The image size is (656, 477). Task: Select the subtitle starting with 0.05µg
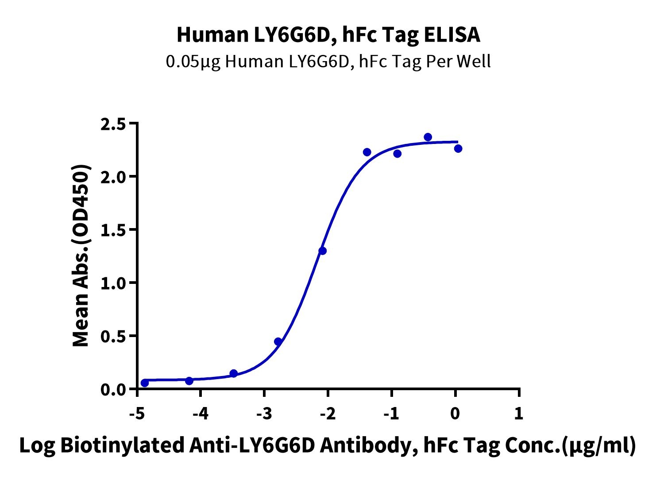click(328, 62)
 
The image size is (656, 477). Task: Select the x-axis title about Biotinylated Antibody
click(328, 446)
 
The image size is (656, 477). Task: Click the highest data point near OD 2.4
click(428, 137)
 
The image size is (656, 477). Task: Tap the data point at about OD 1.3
click(322, 251)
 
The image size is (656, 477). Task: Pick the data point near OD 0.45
click(278, 341)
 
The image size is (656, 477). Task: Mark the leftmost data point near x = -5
click(145, 383)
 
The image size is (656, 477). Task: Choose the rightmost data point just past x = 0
click(458, 148)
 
